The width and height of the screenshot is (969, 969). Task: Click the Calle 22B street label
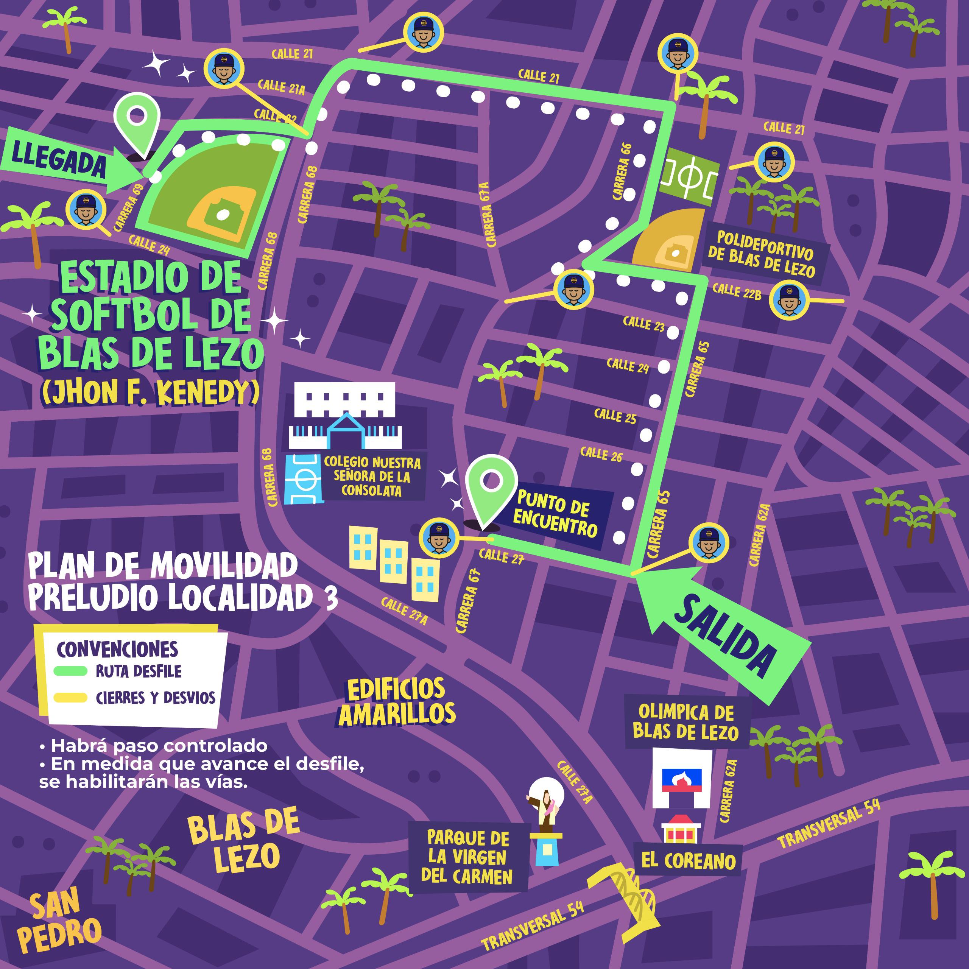tap(736, 291)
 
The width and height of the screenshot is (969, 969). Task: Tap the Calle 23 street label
tap(643, 324)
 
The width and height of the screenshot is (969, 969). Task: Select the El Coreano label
tap(688, 861)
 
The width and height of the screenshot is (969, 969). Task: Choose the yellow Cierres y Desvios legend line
tap(70, 698)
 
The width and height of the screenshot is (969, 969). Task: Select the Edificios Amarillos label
tap(396, 702)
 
